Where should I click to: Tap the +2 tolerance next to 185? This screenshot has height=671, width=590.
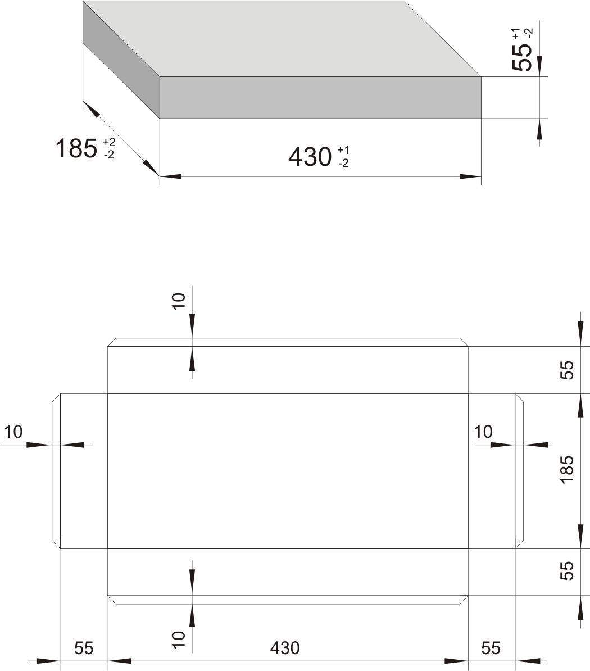tap(109, 142)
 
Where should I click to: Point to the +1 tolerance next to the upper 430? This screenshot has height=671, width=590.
tap(343, 150)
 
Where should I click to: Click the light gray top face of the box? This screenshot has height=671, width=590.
tap(282, 39)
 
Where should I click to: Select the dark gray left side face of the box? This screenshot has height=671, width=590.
tap(121, 60)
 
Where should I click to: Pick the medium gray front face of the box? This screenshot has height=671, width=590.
tap(320, 98)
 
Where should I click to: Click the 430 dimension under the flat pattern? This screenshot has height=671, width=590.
tap(284, 648)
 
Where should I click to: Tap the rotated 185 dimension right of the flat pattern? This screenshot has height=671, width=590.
tap(566, 470)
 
